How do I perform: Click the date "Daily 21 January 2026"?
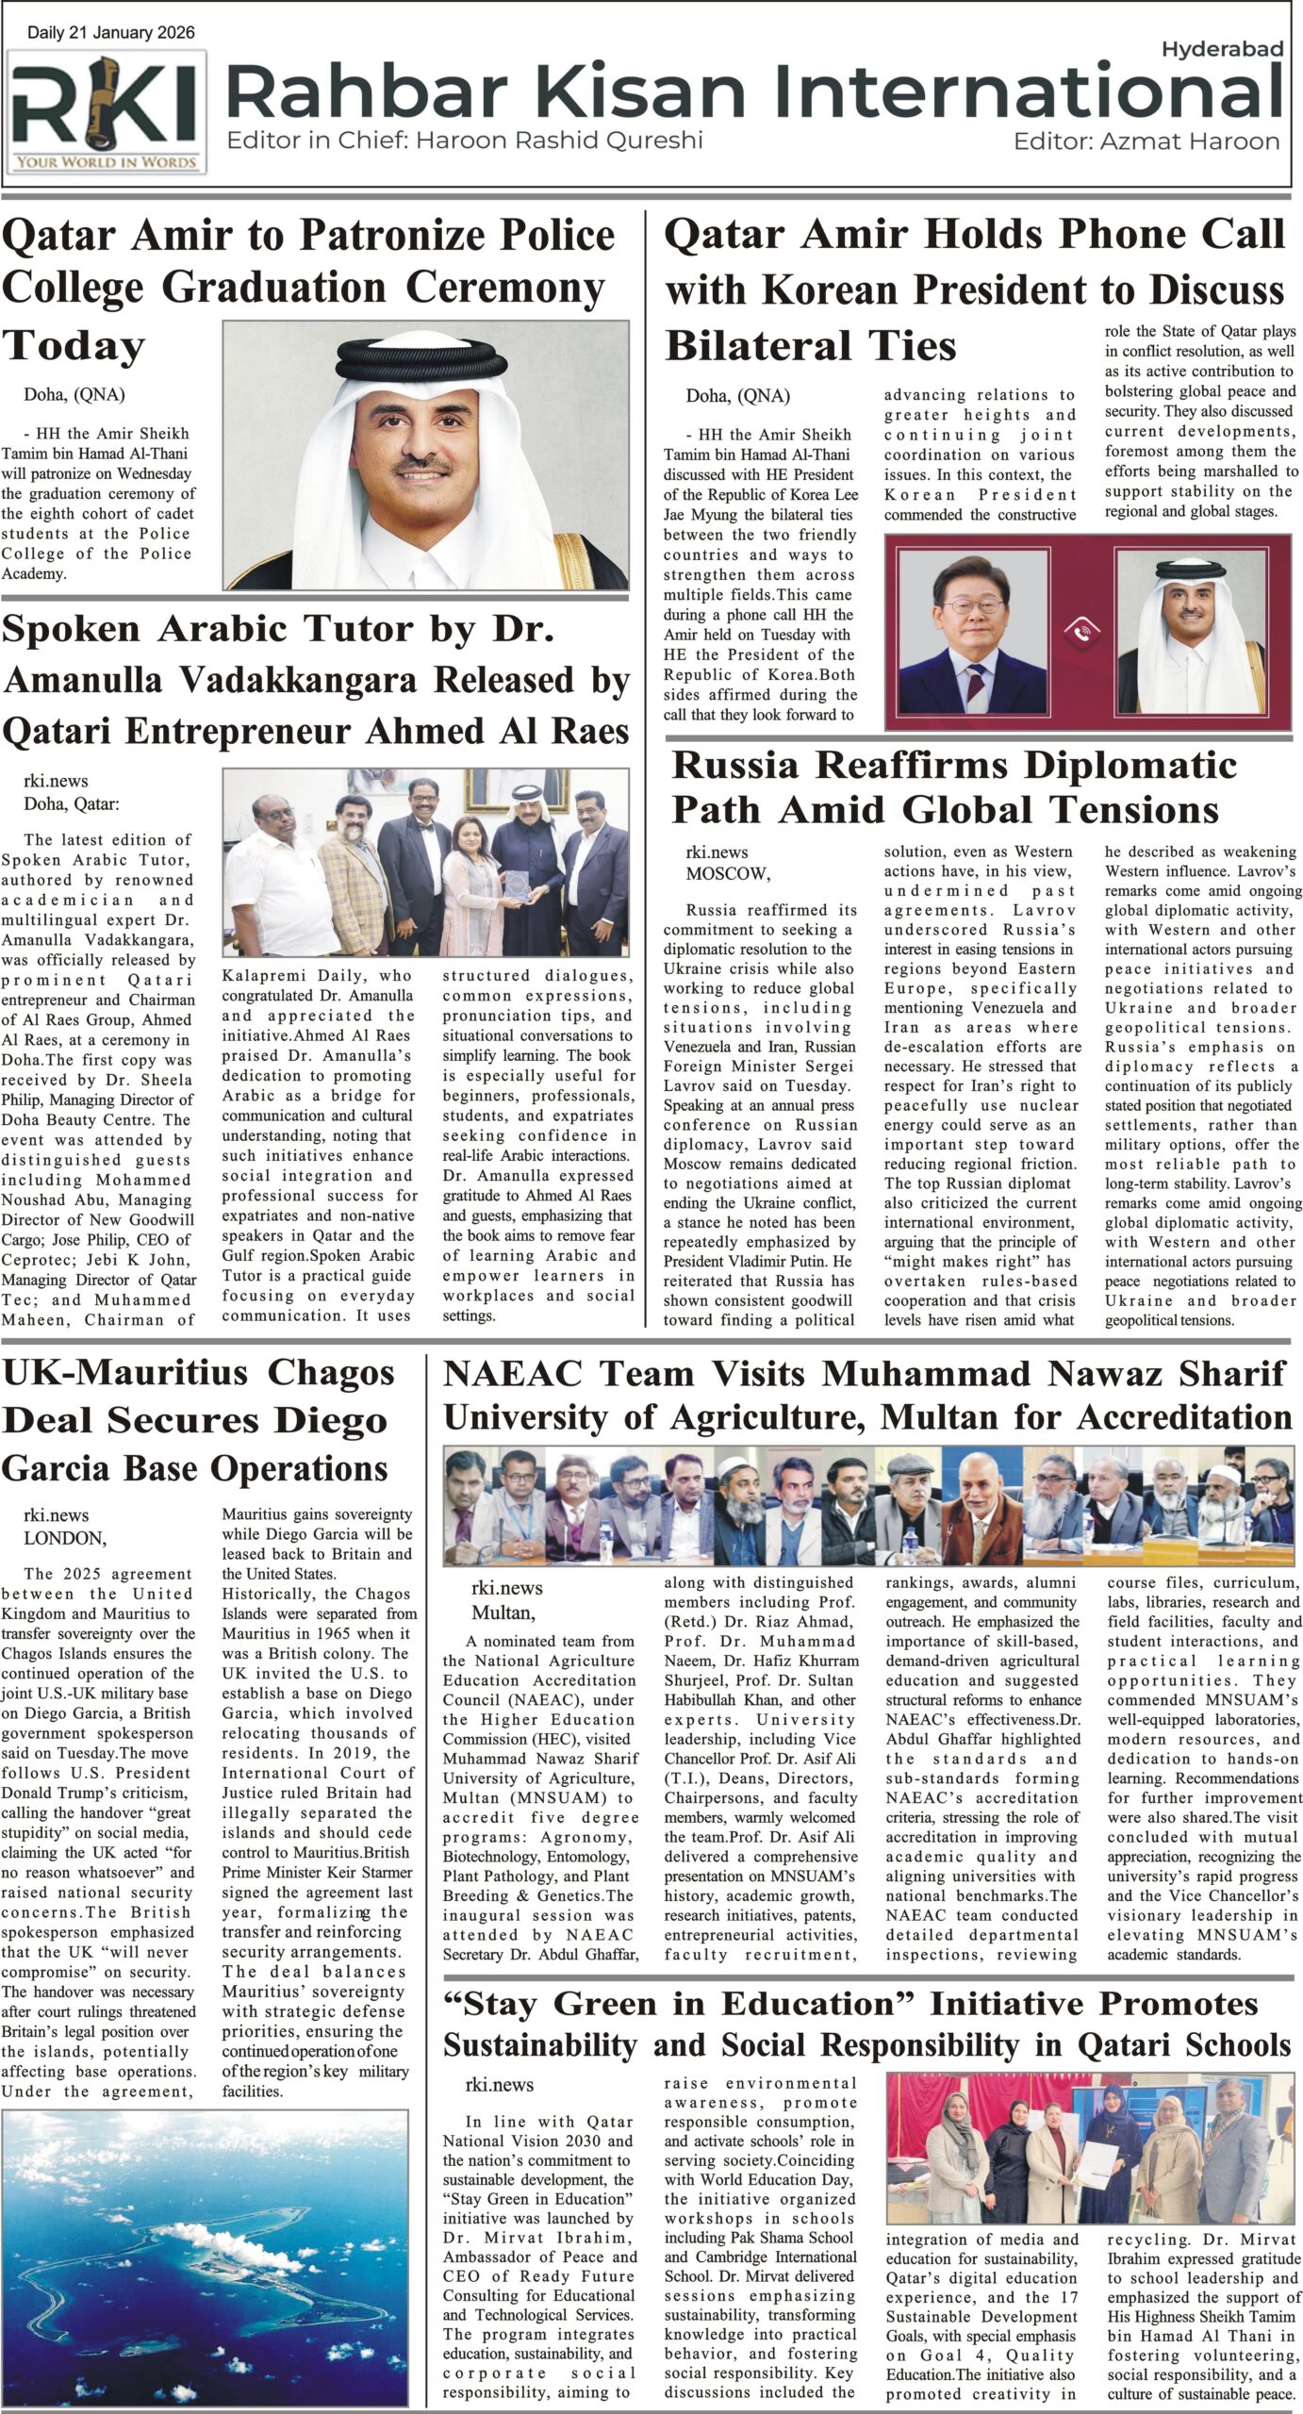point(111,33)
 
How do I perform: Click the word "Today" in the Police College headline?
point(74,346)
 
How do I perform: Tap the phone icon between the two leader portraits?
point(1080,633)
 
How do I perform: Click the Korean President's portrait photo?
point(972,631)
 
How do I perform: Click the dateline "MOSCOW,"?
point(727,873)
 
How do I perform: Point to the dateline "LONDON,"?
point(65,1538)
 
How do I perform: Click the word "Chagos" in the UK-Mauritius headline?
point(331,1373)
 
